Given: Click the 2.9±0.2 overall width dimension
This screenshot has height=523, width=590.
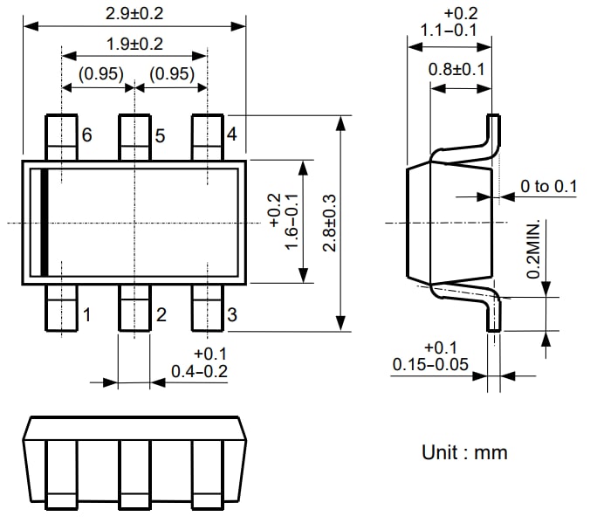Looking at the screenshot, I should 134,14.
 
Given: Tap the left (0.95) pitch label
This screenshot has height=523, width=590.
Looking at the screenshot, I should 99,74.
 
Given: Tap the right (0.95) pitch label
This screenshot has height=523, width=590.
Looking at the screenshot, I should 171,74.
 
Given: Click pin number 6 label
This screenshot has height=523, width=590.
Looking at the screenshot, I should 86,135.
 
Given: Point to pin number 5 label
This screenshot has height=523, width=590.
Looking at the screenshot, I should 160,136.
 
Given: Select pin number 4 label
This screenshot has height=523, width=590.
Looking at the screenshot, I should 231,135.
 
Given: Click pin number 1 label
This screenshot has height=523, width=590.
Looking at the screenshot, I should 86,314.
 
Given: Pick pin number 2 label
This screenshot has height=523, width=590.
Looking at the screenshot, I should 161,314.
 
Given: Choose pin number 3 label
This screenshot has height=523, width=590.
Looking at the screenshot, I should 231,314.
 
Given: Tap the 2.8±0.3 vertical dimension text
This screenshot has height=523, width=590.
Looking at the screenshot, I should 330,223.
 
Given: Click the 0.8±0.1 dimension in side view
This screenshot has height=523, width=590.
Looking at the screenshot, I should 456,69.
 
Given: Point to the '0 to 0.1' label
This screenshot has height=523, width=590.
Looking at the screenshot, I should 549,186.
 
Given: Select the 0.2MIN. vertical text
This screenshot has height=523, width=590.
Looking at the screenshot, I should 533,249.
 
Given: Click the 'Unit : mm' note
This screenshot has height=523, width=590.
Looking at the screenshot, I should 463,452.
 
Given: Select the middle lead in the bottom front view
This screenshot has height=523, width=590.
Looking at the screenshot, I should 134,475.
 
